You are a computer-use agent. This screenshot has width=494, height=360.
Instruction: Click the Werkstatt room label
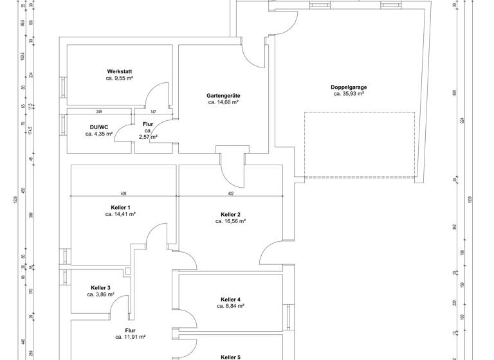point(119,71)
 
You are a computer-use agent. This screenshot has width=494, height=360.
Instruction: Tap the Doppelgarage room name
point(349,87)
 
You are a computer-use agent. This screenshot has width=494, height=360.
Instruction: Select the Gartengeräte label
point(223,95)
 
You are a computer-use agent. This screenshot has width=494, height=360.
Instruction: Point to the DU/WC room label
point(98,127)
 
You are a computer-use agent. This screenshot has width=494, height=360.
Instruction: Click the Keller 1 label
point(120,207)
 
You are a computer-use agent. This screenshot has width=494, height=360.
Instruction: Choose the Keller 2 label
point(230,214)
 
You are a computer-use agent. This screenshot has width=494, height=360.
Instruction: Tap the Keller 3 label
point(100,287)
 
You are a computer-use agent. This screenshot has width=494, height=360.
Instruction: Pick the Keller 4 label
point(230,300)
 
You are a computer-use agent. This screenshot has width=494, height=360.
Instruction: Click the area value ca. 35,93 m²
point(349,94)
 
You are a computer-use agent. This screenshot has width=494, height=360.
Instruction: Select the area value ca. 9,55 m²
point(119,78)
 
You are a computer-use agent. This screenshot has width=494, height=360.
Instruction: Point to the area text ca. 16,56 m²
point(230,221)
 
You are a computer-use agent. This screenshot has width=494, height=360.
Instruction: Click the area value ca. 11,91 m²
point(130,337)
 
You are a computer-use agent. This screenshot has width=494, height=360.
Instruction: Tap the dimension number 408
point(123,193)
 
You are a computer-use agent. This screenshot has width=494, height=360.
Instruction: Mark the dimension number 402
point(230,193)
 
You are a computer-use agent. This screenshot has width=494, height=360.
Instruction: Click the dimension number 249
point(99,111)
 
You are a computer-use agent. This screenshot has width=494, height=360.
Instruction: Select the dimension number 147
point(153,111)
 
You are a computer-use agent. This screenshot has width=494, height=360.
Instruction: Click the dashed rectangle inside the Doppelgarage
point(359,145)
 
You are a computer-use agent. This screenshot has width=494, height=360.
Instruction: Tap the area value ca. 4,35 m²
point(98,134)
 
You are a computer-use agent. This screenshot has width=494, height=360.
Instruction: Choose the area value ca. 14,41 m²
point(120,214)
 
